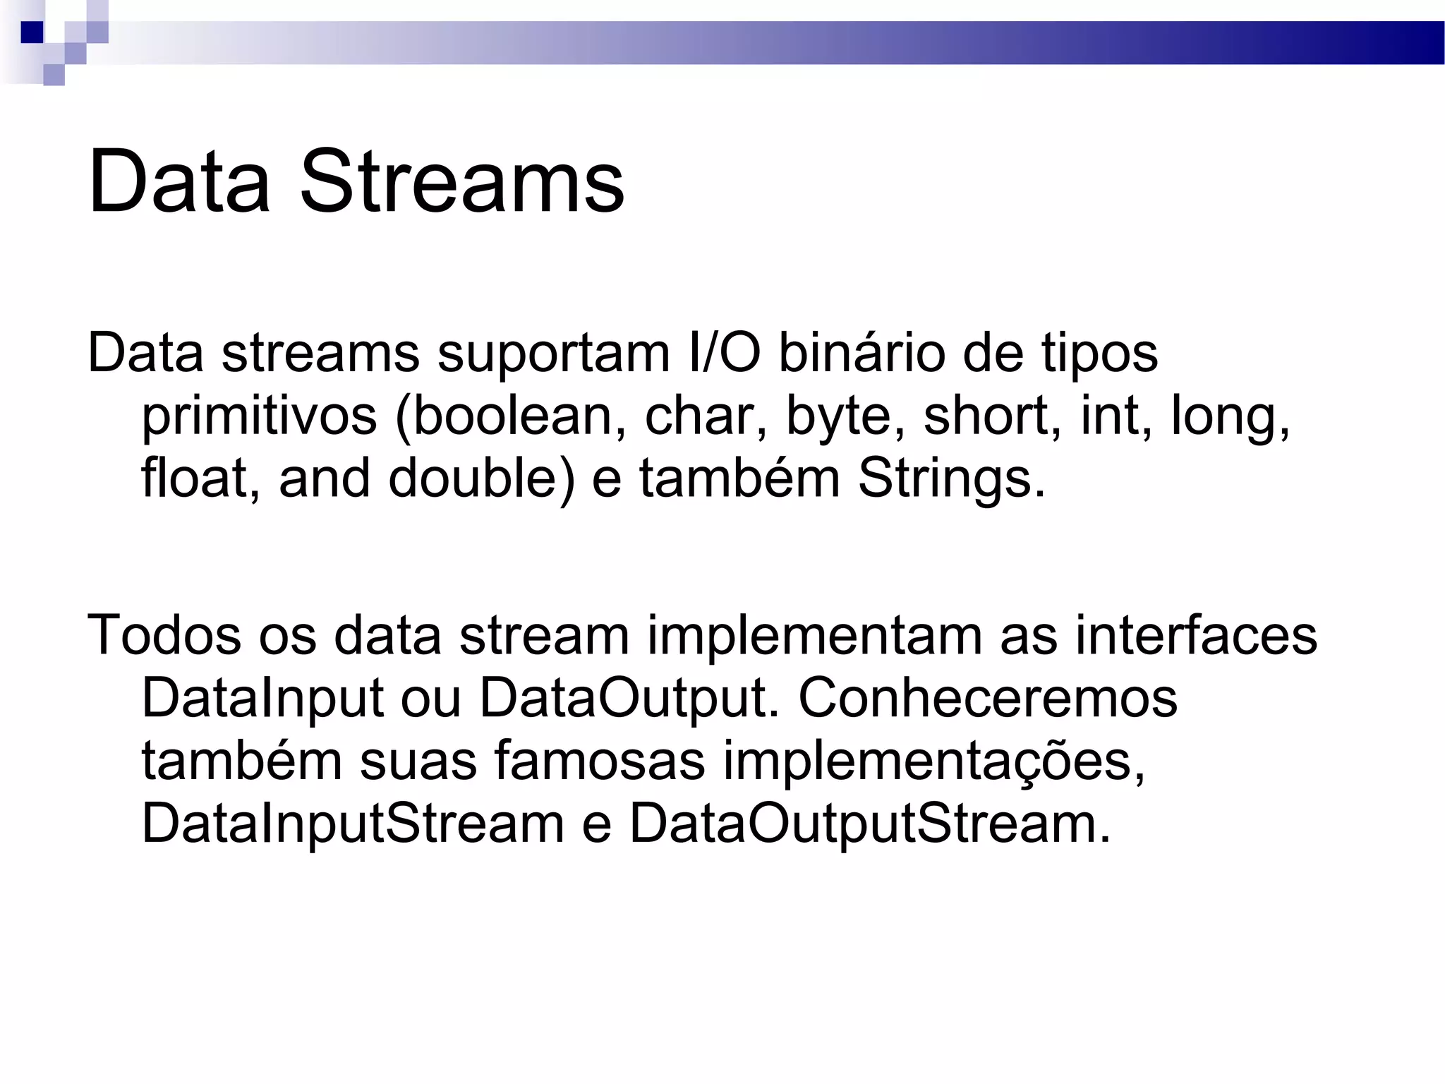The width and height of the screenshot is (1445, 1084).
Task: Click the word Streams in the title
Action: click(462, 182)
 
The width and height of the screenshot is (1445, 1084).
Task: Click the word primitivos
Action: click(259, 416)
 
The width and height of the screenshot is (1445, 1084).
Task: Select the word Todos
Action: click(164, 635)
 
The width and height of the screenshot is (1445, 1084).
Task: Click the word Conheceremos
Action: click(988, 698)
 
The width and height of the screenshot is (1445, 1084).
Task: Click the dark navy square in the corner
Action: click(32, 32)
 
